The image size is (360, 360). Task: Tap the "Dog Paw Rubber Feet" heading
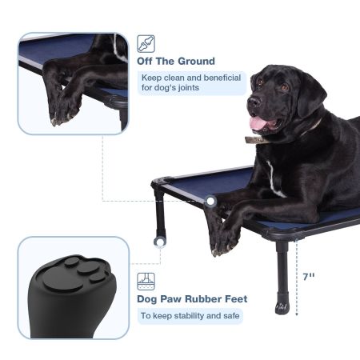pos(192,299)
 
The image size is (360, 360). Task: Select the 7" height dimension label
pos(309,276)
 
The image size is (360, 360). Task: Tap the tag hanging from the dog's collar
pos(254,140)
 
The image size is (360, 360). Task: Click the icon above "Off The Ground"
pos(146,43)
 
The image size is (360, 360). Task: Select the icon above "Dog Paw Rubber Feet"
pos(146,281)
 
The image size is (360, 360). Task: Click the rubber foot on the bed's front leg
pos(282,304)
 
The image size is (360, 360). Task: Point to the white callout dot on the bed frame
pos(210,202)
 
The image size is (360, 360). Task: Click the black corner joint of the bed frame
pos(158,185)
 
